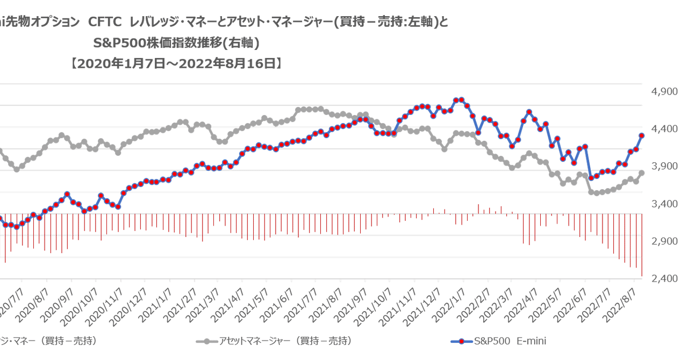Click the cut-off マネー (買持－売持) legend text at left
tap(48, 341)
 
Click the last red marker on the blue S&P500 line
tap(642, 135)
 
